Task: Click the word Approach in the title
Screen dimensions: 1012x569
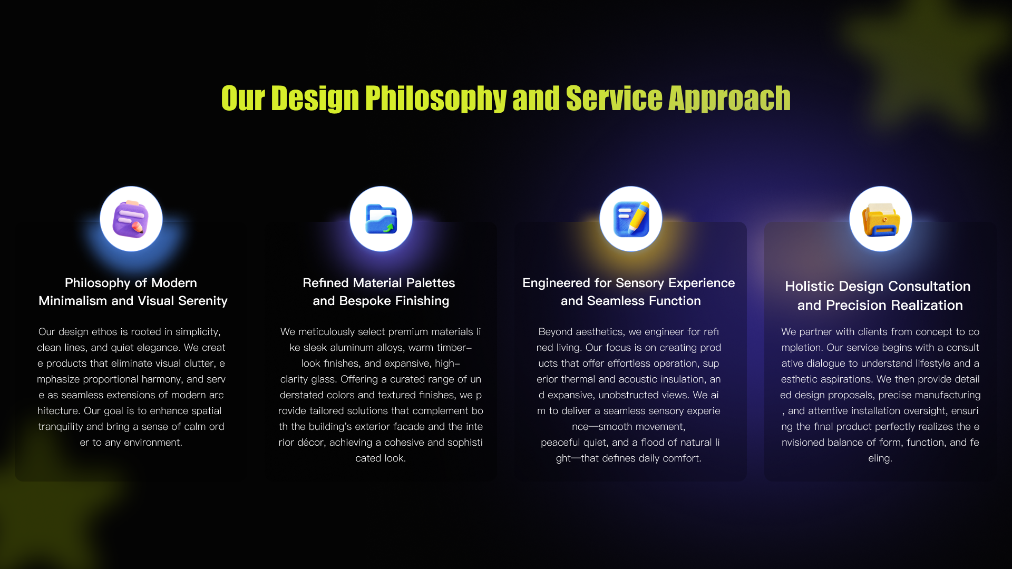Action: coord(729,99)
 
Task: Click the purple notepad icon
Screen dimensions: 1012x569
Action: coord(131,219)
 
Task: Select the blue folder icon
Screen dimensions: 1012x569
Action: coord(381,219)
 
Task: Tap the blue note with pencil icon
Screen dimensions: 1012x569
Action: coord(631,219)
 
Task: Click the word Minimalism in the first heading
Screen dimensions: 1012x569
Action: coord(73,301)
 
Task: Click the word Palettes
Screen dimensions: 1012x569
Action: coord(431,283)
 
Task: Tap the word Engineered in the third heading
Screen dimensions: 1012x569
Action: coord(557,283)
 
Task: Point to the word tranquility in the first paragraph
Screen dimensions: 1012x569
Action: coord(61,427)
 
